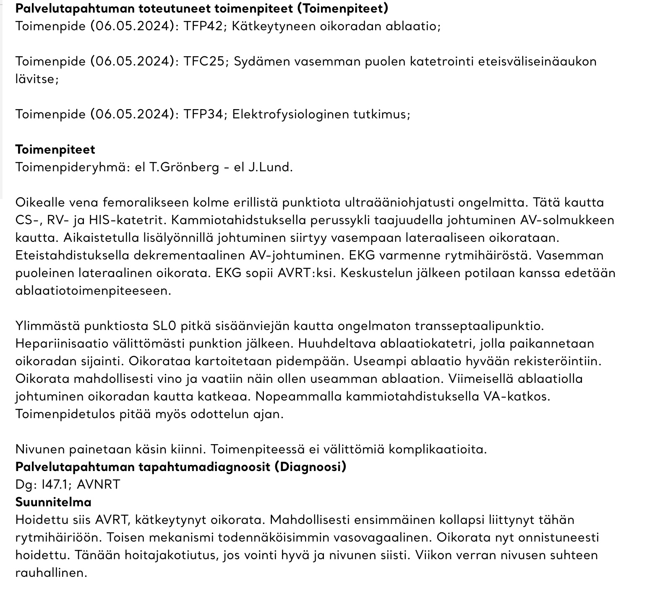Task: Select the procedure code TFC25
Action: point(203,61)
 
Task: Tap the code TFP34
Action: point(203,114)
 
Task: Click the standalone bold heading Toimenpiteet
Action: point(55,149)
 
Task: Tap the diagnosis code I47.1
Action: point(52,484)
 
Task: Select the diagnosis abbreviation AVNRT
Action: point(99,484)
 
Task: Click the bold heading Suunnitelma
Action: point(53,502)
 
